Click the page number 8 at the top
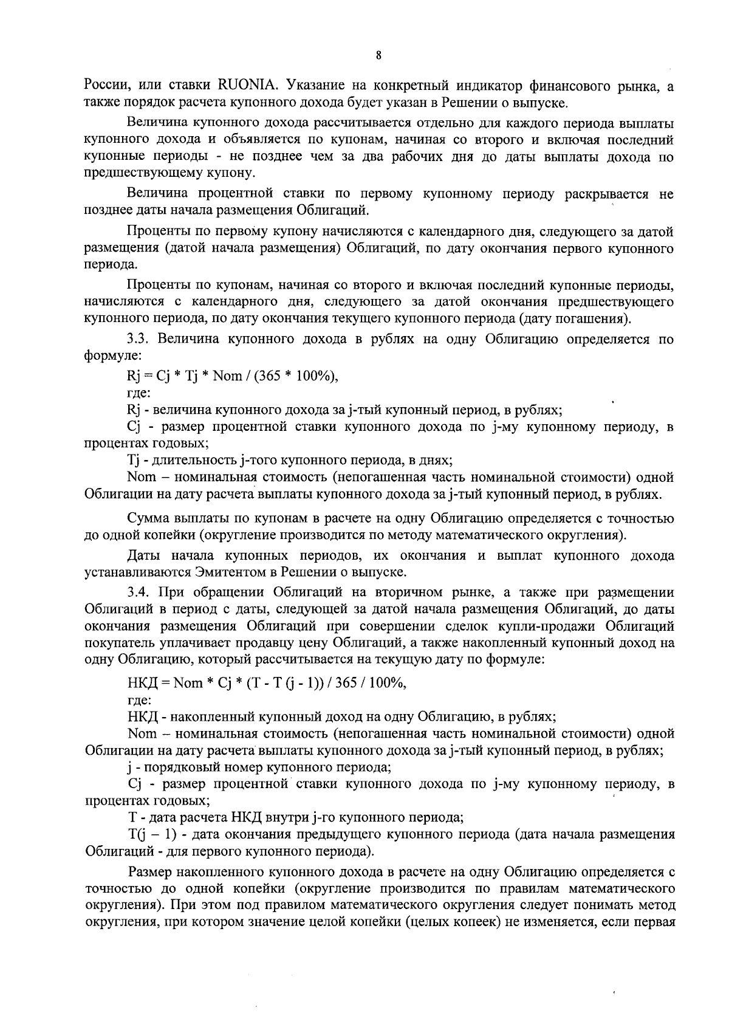pos(378,56)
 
